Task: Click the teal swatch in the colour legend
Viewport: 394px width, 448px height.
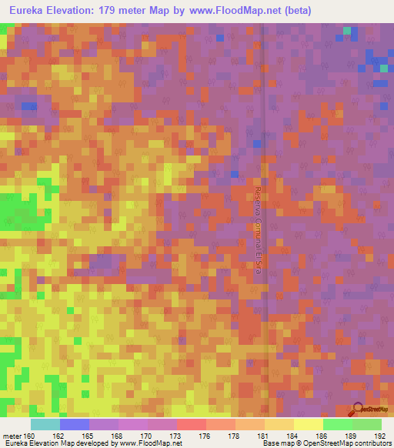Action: pyautogui.click(x=45, y=424)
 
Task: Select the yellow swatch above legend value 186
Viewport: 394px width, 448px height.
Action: pyautogui.click(x=309, y=424)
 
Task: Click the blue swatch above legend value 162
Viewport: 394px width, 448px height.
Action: pyautogui.click(x=75, y=424)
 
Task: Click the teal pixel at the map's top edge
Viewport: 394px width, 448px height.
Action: pyautogui.click(x=347, y=31)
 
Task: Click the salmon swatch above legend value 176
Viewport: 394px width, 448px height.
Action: pyautogui.click(x=192, y=424)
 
